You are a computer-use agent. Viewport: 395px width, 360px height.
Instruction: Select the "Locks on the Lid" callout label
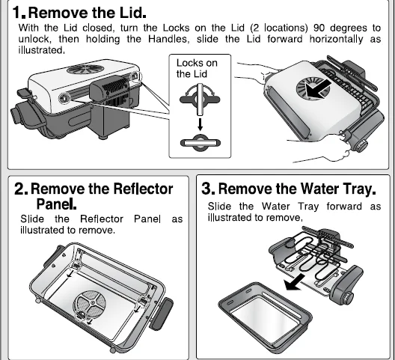(197, 69)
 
